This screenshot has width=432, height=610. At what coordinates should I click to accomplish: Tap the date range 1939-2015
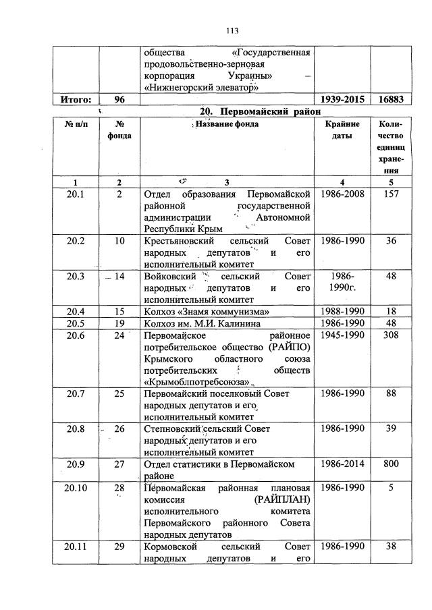coord(342,99)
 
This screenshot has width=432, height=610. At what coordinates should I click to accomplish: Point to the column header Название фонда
coord(226,124)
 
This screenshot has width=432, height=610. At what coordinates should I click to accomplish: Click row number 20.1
coord(76,194)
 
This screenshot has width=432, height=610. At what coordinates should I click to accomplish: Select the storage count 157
coord(391,194)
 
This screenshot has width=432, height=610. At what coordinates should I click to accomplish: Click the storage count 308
coord(391,334)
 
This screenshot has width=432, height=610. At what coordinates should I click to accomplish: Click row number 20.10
coord(76,487)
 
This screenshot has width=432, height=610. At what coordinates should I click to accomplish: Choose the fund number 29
coord(119,547)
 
